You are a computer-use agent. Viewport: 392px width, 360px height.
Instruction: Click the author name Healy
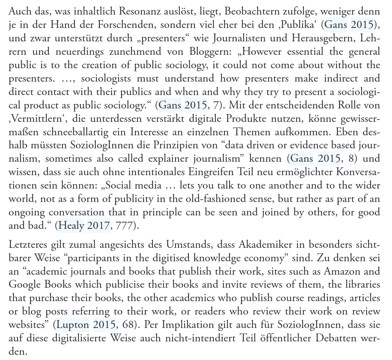click(x=72, y=226)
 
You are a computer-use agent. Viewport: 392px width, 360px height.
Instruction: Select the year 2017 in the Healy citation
click(x=98, y=226)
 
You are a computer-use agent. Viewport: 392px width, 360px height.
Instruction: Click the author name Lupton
click(x=73, y=325)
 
